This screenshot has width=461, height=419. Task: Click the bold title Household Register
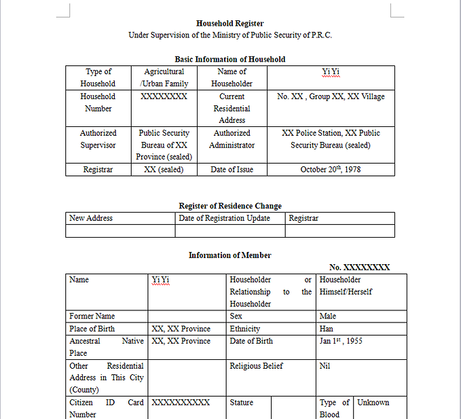(x=229, y=23)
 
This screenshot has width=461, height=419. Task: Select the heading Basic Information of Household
(x=229, y=59)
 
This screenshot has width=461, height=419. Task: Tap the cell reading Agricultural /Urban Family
(x=164, y=77)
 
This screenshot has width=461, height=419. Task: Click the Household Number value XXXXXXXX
(x=164, y=96)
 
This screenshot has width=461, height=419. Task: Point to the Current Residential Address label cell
(x=232, y=108)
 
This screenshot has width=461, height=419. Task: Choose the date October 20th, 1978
(x=331, y=169)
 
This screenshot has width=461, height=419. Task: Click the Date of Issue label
(x=232, y=169)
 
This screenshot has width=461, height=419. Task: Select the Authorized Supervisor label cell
(x=98, y=139)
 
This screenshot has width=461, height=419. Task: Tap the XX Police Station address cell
(x=331, y=139)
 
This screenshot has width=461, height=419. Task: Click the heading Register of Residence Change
(x=229, y=206)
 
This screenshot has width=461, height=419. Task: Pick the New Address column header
(x=91, y=218)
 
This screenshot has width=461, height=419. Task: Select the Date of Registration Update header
(x=224, y=218)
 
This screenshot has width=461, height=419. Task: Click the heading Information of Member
(x=229, y=255)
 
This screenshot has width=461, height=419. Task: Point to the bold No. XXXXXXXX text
(x=359, y=268)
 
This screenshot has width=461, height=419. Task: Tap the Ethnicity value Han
(x=327, y=329)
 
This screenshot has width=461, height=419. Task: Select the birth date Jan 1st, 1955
(x=340, y=341)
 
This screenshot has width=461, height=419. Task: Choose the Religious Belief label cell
(x=256, y=366)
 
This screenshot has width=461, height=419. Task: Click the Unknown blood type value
(x=373, y=403)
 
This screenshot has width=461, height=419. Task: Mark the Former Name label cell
(x=92, y=316)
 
